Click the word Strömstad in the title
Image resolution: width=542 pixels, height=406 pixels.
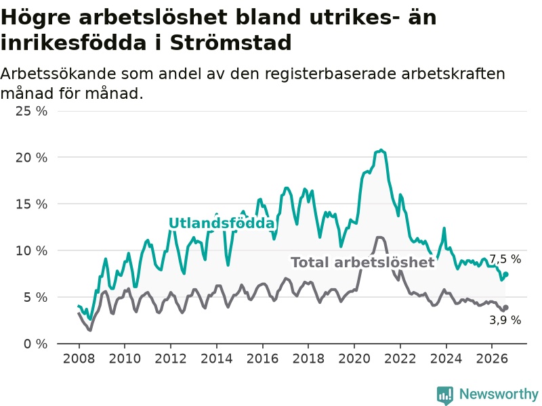coord(230,43)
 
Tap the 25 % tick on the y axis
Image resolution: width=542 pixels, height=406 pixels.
coord(31,111)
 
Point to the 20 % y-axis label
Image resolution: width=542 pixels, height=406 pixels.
coord(31,158)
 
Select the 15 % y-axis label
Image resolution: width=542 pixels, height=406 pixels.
coord(31,204)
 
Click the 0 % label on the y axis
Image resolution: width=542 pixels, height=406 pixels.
coord(35,344)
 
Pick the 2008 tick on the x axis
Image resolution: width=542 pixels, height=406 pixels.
coord(79,359)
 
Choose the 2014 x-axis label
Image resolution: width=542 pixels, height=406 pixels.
coord(217,359)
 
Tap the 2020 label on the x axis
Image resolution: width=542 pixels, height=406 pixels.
coord(354,359)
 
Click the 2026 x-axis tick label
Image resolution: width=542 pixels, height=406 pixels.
coord(492,359)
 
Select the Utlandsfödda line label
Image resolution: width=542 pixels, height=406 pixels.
coord(222,223)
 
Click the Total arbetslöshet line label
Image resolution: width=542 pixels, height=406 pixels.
coord(362,263)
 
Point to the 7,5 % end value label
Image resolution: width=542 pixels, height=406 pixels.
coord(505,259)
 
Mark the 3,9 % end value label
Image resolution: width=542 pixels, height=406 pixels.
coord(505,320)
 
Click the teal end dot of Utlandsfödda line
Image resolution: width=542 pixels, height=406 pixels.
coord(505,275)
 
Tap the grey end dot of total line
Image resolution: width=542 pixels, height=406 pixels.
coord(505,308)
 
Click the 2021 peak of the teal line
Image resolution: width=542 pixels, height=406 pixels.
coord(381,150)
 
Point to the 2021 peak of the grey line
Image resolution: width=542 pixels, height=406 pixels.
coord(379,238)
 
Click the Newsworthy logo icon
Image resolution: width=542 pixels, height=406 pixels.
coord(445,395)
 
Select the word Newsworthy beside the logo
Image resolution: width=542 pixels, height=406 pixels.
coord(499,394)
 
